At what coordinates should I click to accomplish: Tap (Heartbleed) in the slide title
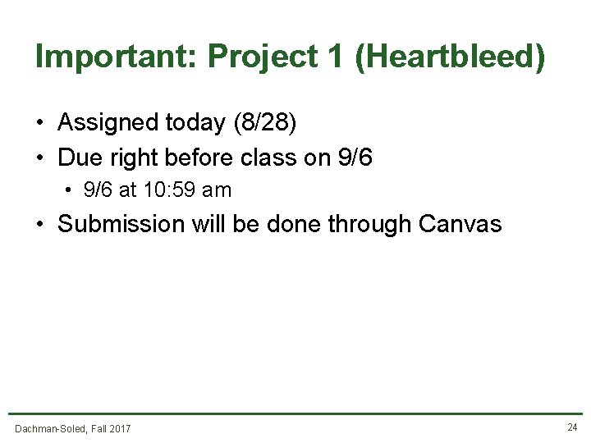tap(449, 57)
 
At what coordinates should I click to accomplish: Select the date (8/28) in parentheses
tap(265, 123)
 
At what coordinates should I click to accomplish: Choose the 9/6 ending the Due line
tap(355, 157)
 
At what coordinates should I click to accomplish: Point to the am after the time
tap(217, 190)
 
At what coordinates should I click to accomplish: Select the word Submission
tap(121, 224)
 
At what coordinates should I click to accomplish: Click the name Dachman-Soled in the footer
tap(49, 428)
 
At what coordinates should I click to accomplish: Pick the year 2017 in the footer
tap(119, 428)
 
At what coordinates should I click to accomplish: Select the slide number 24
tap(572, 427)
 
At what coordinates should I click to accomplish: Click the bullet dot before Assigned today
tap(39, 124)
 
